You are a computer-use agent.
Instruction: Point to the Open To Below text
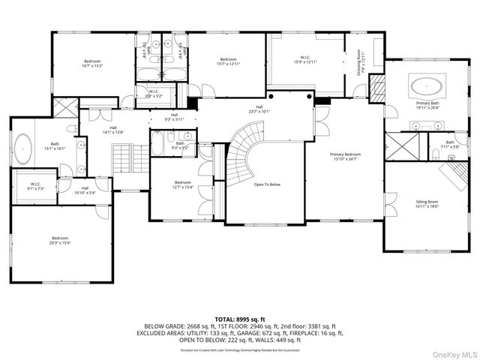267,184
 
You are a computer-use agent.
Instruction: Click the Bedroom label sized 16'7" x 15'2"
91,64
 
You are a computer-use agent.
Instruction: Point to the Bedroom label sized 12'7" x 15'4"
184,184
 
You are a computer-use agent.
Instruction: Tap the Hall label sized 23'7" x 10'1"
259,109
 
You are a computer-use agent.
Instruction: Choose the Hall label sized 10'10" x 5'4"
85,190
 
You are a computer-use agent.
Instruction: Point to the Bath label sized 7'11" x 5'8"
449,144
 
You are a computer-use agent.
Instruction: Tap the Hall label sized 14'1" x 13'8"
112,130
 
